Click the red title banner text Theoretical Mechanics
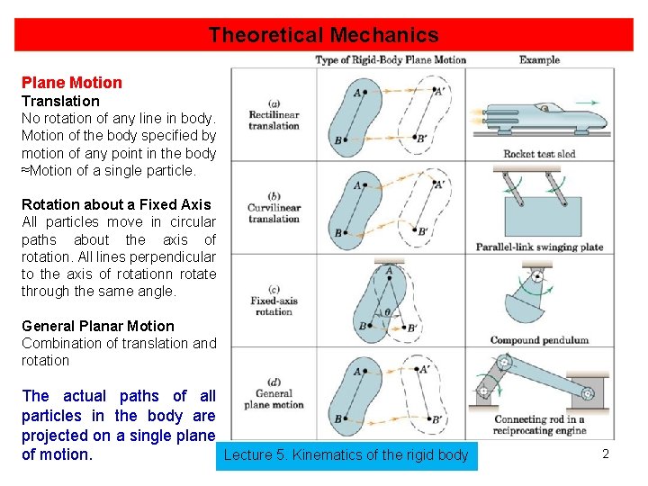pyautogui.click(x=323, y=35)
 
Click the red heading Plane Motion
pyautogui.click(x=71, y=83)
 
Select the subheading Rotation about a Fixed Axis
pyautogui.click(x=116, y=204)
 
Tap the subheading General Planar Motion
pyautogui.click(x=98, y=326)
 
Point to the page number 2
pyautogui.click(x=606, y=454)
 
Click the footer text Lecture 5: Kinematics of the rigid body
pyautogui.click(x=346, y=455)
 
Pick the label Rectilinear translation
pyautogui.click(x=274, y=120)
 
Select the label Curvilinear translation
pyautogui.click(x=274, y=213)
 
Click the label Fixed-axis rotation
pyautogui.click(x=274, y=306)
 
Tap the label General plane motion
pyautogui.click(x=274, y=399)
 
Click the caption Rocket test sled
pyautogui.click(x=540, y=154)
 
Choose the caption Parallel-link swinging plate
pyautogui.click(x=540, y=247)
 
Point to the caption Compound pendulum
pyautogui.click(x=539, y=340)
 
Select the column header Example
pyautogui.click(x=539, y=60)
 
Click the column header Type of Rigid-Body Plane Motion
pyautogui.click(x=391, y=60)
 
